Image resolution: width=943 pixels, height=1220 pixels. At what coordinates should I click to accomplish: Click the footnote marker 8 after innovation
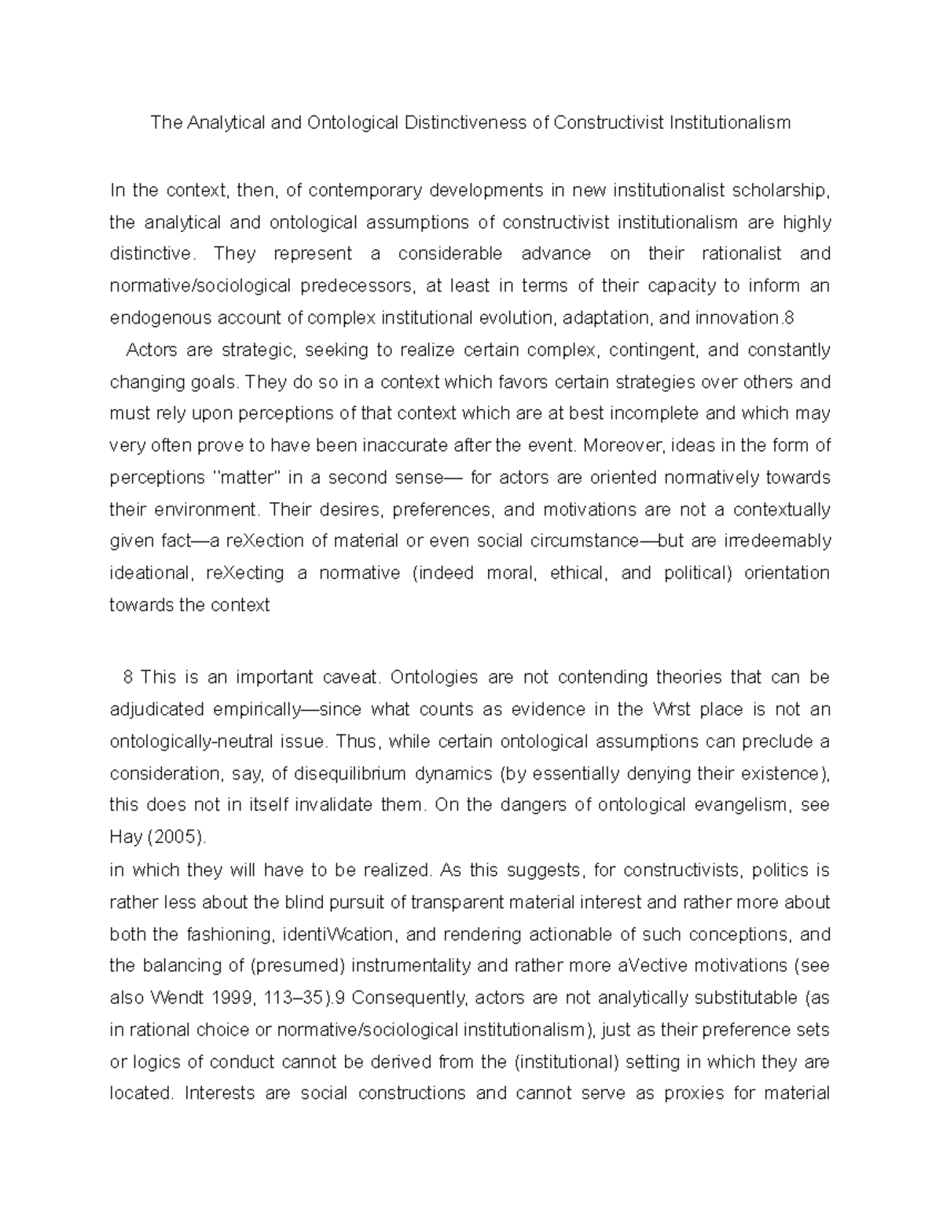pos(790,318)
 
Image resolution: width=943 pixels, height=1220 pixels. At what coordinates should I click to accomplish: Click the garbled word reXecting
pos(245,573)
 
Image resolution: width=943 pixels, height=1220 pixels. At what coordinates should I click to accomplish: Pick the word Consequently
pos(408,998)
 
